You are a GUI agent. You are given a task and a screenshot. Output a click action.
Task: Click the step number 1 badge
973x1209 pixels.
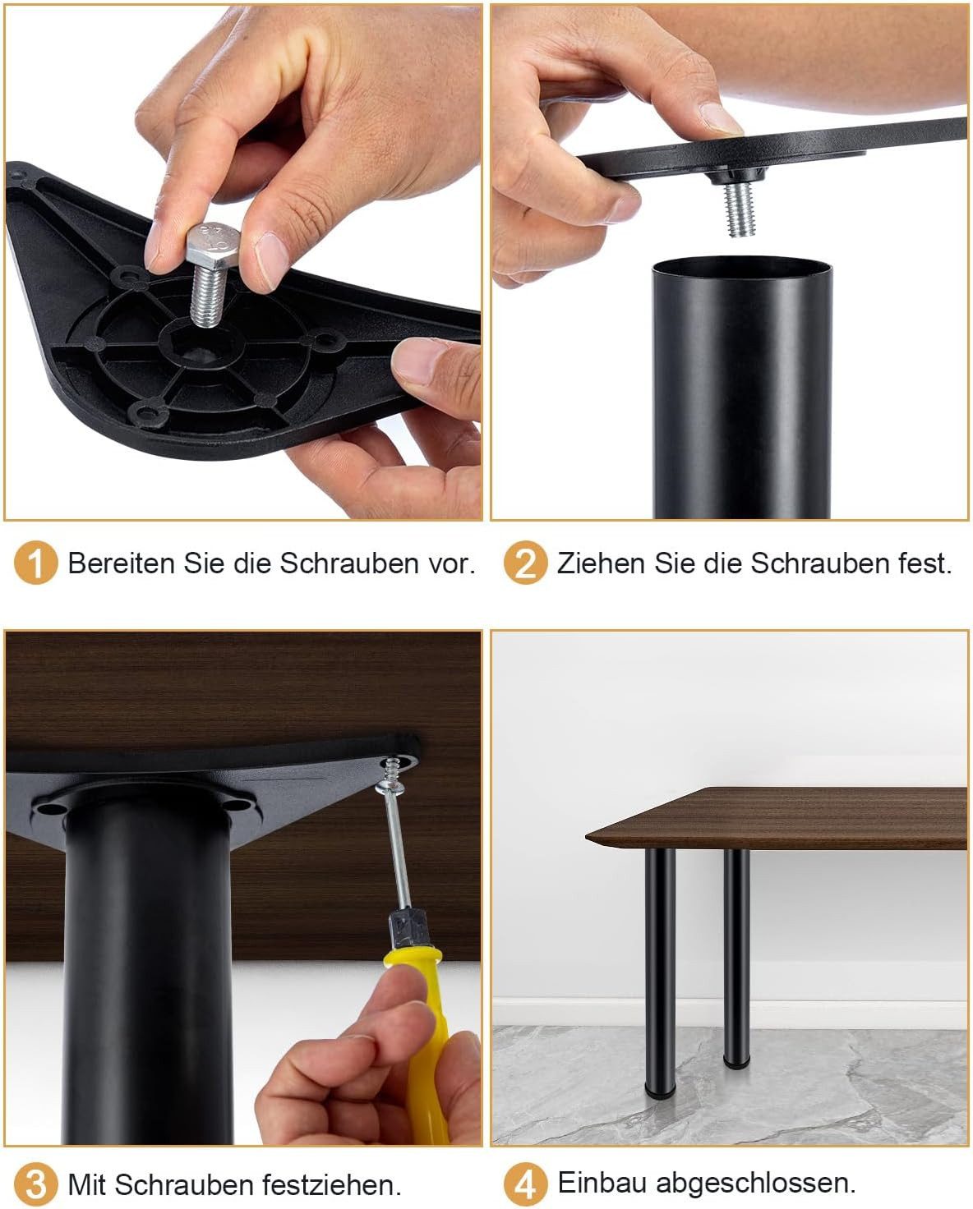[x=35, y=563]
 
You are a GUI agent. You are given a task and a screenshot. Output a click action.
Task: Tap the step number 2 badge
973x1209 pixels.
[x=526, y=563]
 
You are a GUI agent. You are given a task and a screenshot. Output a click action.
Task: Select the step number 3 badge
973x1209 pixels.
[x=35, y=1184]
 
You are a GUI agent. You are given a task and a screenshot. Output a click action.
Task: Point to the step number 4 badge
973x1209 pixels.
[x=526, y=1184]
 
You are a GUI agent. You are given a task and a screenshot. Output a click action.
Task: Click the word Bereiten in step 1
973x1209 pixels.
[x=121, y=563]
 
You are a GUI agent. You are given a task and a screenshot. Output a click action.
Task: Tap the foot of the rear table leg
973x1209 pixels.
[x=736, y=1061]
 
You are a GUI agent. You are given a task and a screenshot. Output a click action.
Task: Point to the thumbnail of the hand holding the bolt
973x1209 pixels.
[x=271, y=260]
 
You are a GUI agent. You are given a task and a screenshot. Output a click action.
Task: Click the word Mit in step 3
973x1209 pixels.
[x=88, y=1185]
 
